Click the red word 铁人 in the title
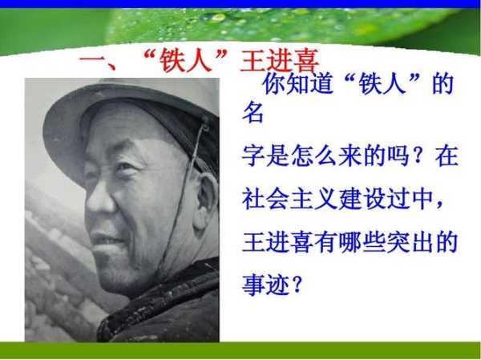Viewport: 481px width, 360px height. (x=186, y=60)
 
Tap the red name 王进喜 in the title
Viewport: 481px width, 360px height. (x=280, y=60)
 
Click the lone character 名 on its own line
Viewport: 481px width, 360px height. (x=253, y=112)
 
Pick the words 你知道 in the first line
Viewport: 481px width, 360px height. (x=297, y=83)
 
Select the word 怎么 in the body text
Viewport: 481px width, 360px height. (x=313, y=156)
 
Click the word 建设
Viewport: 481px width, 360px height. (x=362, y=199)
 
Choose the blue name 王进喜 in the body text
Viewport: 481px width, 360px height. (x=277, y=242)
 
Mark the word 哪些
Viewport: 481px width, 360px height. (x=362, y=242)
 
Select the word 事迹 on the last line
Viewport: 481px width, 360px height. (x=265, y=285)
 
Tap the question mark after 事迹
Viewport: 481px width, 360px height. (x=297, y=285)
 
